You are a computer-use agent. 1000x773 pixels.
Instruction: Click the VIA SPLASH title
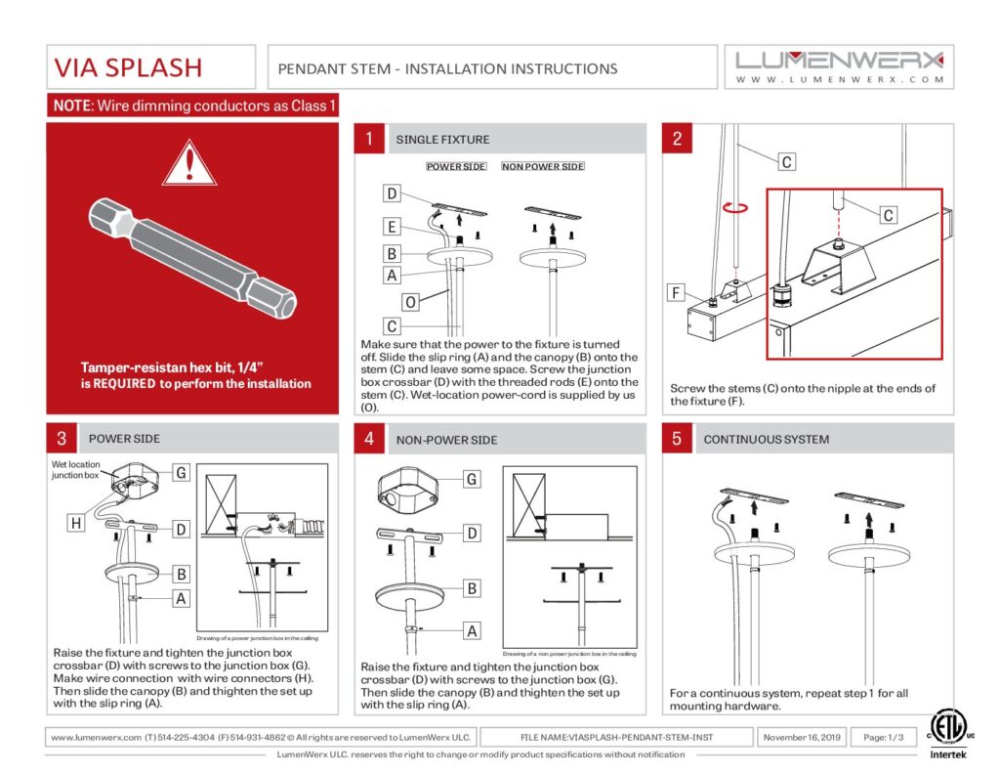pyautogui.click(x=129, y=67)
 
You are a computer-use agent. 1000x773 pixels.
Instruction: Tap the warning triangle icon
pyautogui.click(x=188, y=163)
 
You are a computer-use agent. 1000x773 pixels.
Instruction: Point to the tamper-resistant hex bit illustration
pyautogui.click(x=193, y=256)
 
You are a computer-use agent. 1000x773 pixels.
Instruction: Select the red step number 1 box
pyautogui.click(x=368, y=139)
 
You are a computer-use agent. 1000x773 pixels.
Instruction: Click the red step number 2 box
pyautogui.click(x=677, y=139)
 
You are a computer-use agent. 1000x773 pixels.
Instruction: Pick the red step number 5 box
pyautogui.click(x=677, y=439)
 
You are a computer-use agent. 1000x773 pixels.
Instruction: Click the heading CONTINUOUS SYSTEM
pyautogui.click(x=767, y=439)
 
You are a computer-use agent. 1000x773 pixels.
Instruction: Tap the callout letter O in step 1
pyautogui.click(x=411, y=303)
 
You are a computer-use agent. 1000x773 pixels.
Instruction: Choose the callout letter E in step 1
pyautogui.click(x=391, y=227)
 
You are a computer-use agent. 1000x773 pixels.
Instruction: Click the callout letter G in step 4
pyautogui.click(x=472, y=480)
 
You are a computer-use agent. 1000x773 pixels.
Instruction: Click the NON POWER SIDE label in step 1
pyautogui.click(x=543, y=167)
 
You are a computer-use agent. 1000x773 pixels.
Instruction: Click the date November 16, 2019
pyautogui.click(x=802, y=737)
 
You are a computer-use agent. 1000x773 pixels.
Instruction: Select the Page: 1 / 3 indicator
pyautogui.click(x=883, y=737)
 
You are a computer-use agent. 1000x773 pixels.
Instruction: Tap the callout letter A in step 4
pyautogui.click(x=472, y=631)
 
